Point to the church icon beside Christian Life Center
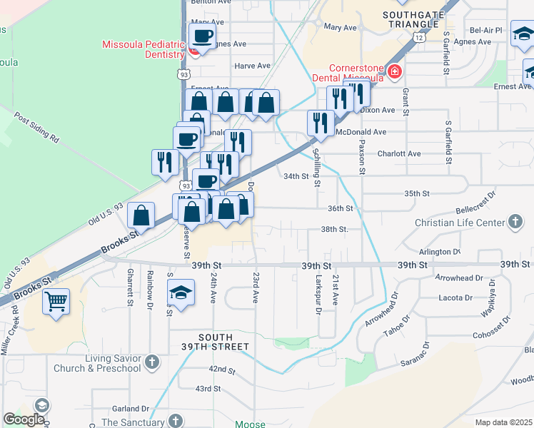coord(515,223)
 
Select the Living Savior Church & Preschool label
coord(96,363)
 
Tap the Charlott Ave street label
coord(399,153)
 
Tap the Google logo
coord(24,419)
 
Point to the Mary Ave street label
coord(340,27)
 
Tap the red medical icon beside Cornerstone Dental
coord(394,72)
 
